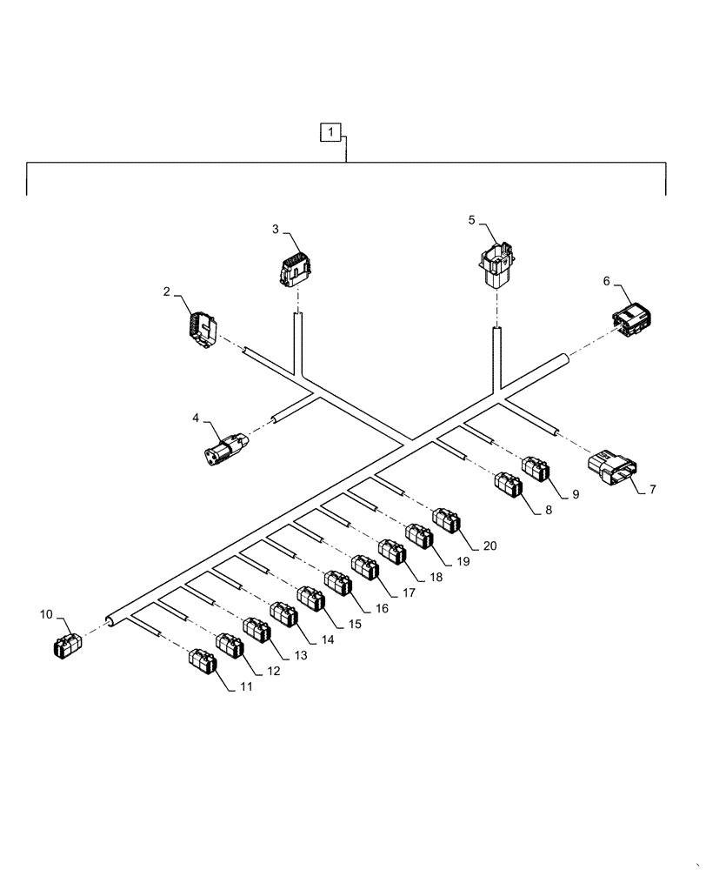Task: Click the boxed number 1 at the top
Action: pyautogui.click(x=330, y=133)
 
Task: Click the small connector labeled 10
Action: pyautogui.click(x=67, y=645)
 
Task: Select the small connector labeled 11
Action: pyautogui.click(x=203, y=661)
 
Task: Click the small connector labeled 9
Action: pyautogui.click(x=536, y=468)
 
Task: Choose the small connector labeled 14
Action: pyautogui.click(x=283, y=613)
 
